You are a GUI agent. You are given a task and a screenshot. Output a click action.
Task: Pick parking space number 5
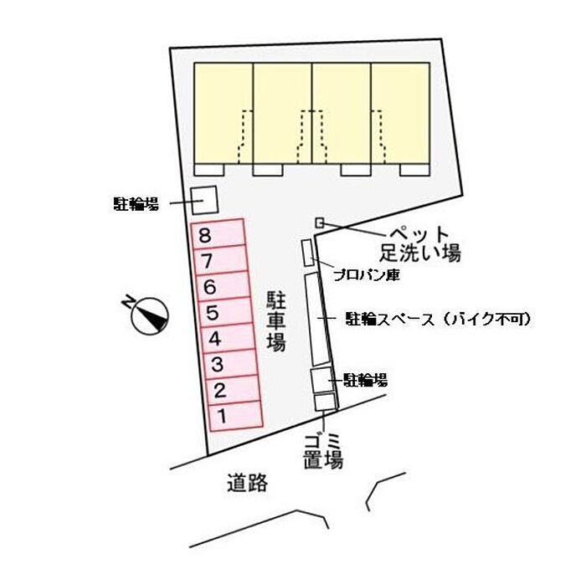click(225, 312)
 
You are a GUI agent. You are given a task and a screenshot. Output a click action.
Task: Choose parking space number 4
click(228, 338)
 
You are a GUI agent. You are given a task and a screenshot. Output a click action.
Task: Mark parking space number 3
click(230, 364)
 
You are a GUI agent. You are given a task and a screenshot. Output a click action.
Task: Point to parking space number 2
click(233, 390)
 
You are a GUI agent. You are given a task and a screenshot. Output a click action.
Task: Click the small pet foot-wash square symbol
click(319, 222)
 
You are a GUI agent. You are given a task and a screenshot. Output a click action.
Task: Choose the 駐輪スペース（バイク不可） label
click(438, 319)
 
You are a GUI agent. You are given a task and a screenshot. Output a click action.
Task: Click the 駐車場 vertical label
click(276, 321)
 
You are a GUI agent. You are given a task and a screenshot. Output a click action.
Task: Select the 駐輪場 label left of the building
click(136, 202)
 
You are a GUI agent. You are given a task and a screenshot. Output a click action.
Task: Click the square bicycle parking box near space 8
click(203, 201)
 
